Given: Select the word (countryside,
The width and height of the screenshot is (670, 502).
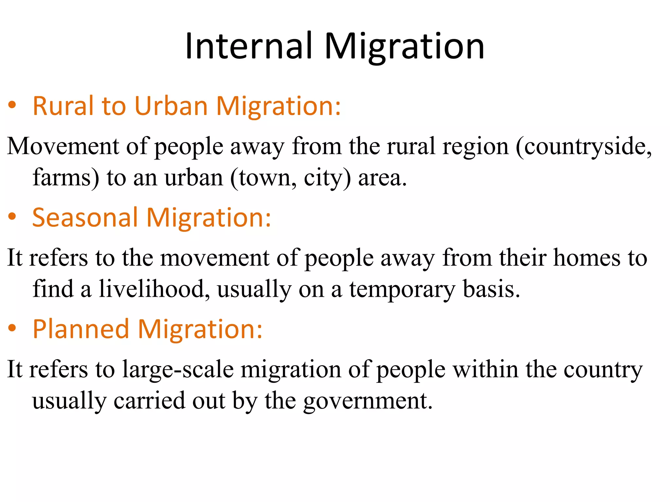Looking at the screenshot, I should (x=584, y=147).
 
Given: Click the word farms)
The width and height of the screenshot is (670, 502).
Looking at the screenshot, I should (x=66, y=178).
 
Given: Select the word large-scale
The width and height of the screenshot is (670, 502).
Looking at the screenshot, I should (x=178, y=370).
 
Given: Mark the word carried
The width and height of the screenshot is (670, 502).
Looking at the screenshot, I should (x=149, y=401).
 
